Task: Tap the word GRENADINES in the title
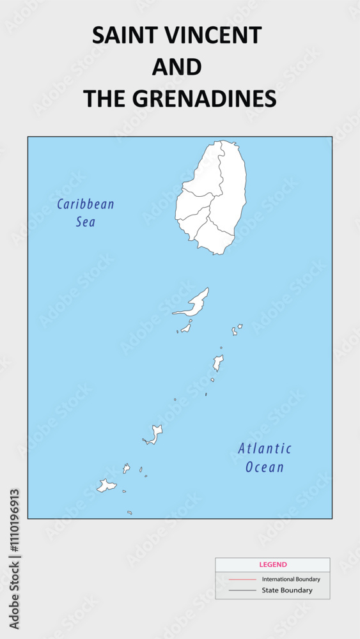click(207, 98)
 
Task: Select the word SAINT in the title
click(122, 36)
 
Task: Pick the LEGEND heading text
click(273, 565)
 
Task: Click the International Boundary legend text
click(291, 579)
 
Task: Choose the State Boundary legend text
click(287, 590)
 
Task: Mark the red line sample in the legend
click(242, 580)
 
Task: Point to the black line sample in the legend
click(242, 590)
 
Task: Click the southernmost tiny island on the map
click(129, 512)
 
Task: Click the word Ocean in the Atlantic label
click(265, 467)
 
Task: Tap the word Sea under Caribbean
click(86, 222)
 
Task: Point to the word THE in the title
click(106, 98)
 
